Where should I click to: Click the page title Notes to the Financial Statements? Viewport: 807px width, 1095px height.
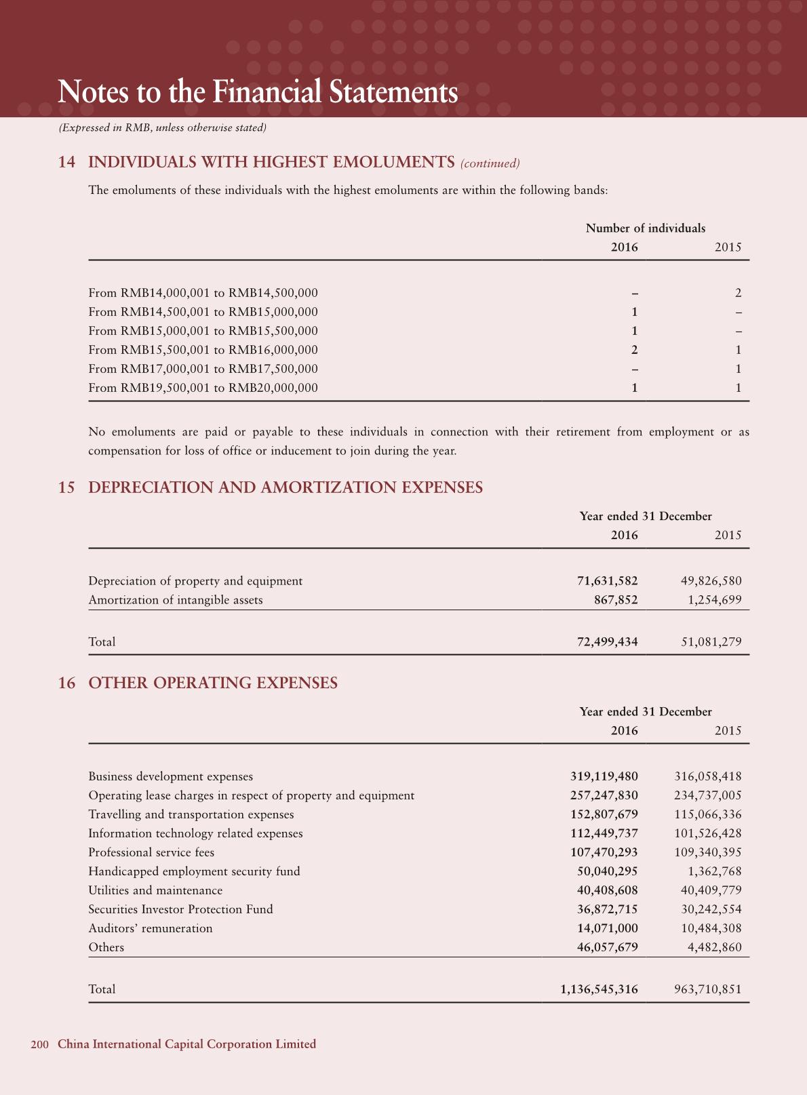coord(258,92)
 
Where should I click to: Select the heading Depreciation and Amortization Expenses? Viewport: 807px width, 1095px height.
coord(286,487)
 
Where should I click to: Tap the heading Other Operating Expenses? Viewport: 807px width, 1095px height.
coord(213,683)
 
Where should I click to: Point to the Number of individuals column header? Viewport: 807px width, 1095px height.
coord(645,228)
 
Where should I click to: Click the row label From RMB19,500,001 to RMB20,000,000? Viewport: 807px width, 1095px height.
coord(203,388)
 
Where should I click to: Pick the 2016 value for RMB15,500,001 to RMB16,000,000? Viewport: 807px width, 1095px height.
coord(634,350)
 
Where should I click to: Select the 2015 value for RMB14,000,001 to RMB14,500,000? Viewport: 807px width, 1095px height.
coord(738,293)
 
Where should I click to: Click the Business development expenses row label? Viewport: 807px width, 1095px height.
coord(170,776)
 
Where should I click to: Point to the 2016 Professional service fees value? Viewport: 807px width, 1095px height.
coord(604,852)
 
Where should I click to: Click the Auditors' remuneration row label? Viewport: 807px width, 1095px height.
coord(150,928)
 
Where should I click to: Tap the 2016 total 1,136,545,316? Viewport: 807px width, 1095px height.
coord(599,989)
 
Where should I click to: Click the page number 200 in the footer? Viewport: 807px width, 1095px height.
coord(39,1044)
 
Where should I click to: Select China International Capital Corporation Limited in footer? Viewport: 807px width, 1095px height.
coord(186,1044)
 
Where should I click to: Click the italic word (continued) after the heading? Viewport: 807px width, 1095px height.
coord(490,163)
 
